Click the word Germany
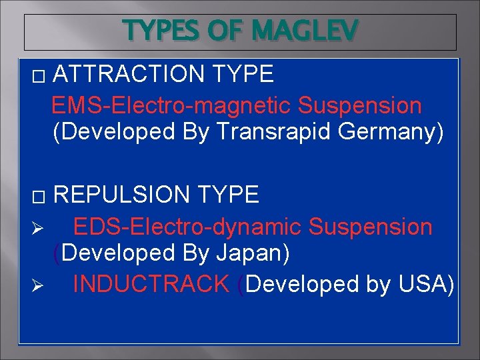click(x=391, y=132)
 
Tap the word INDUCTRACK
click(x=151, y=284)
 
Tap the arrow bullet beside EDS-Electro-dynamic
click(x=38, y=229)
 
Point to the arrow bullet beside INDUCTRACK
click(x=38, y=286)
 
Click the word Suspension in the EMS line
click(x=360, y=105)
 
